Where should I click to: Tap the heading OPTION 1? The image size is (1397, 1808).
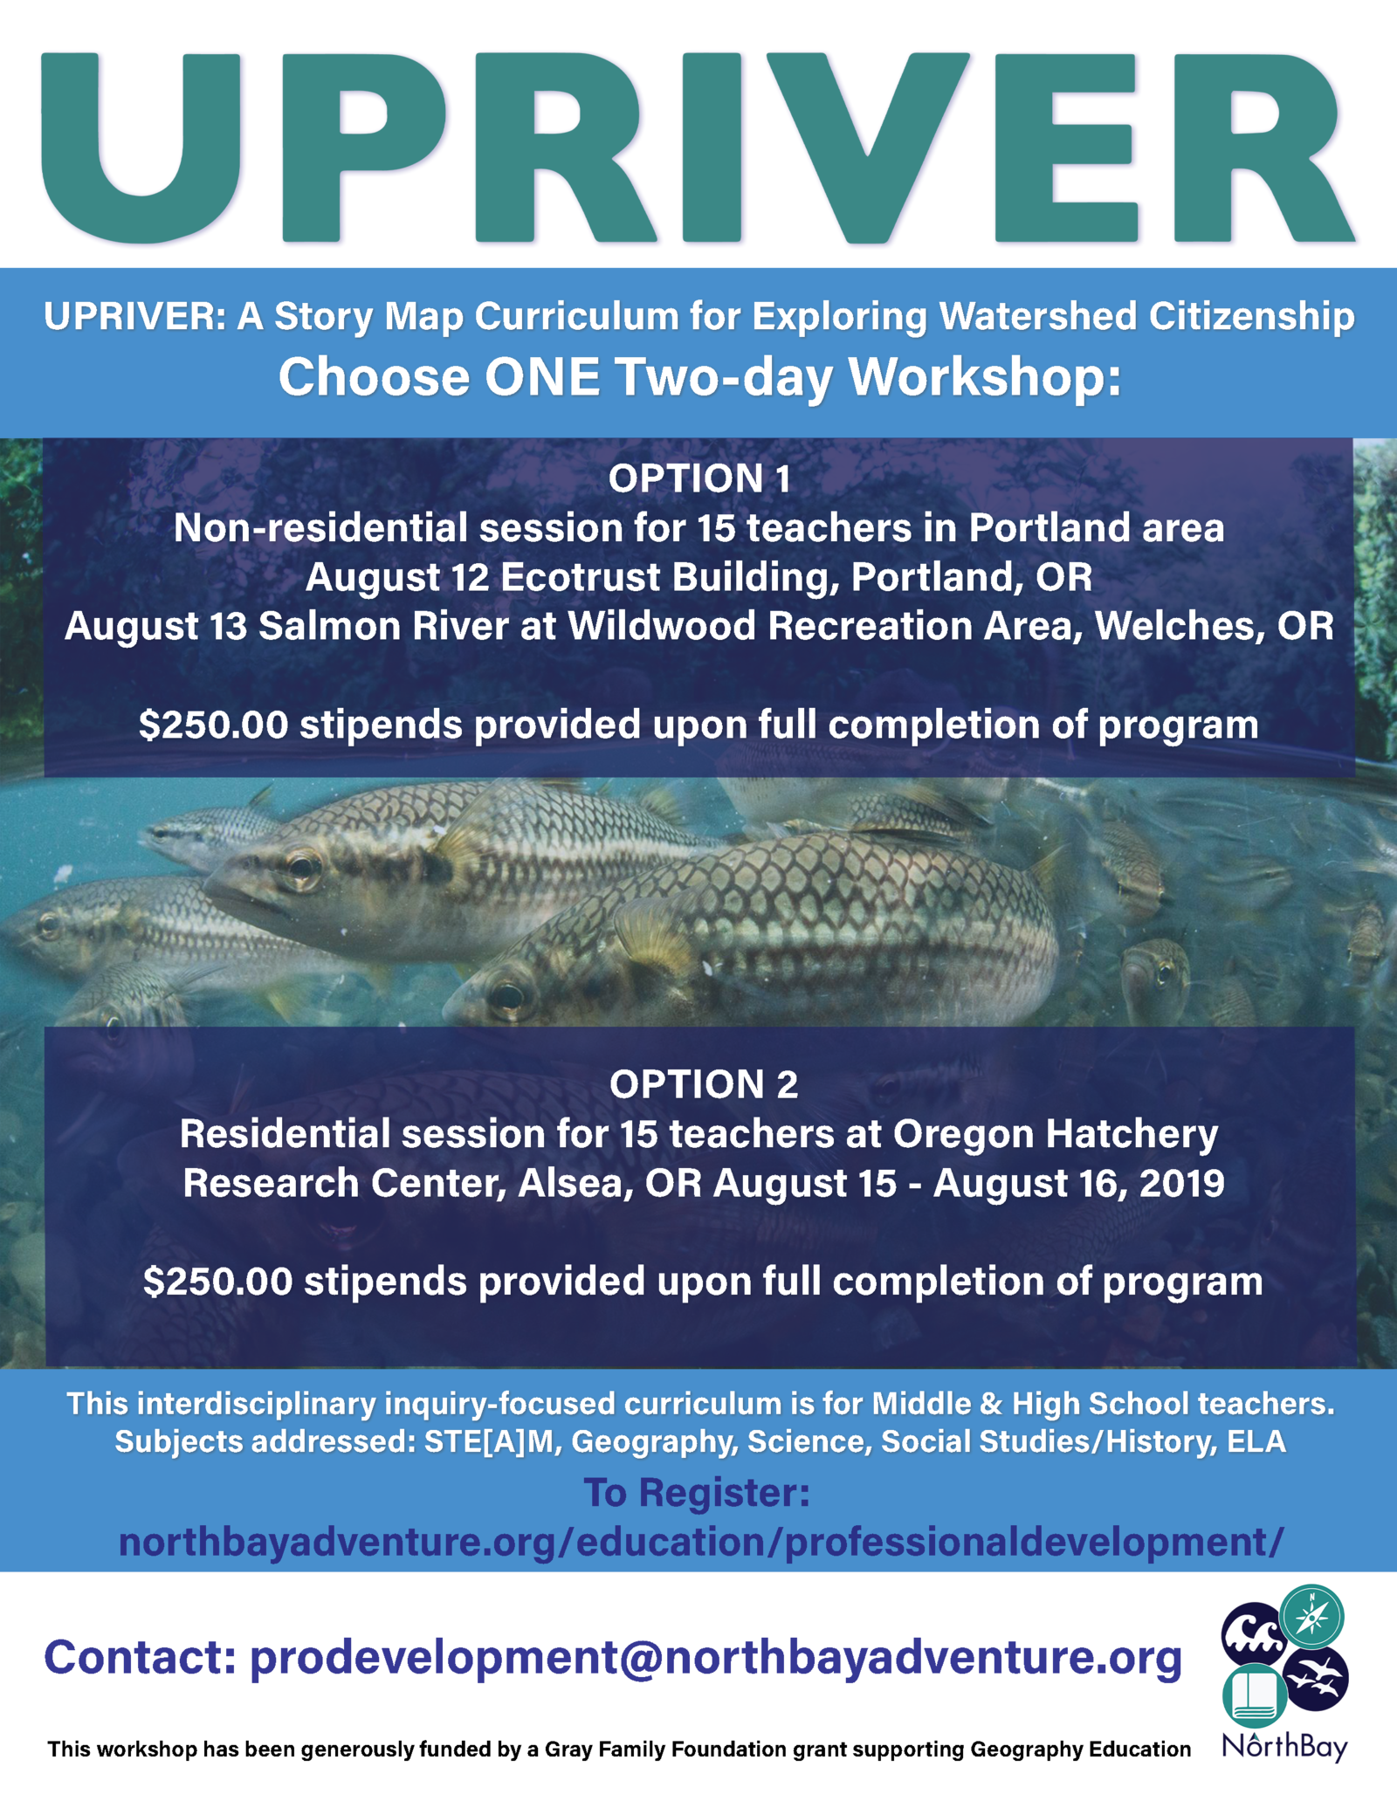point(699,478)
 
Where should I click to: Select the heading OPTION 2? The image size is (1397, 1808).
point(704,1084)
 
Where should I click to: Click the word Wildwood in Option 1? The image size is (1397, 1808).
point(662,626)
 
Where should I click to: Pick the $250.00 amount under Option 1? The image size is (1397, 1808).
point(213,725)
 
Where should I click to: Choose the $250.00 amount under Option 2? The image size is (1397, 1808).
point(218,1282)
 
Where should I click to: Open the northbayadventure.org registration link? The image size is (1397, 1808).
point(701,1542)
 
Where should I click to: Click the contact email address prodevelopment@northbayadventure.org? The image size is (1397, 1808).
point(716,1658)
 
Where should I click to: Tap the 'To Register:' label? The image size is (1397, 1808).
point(697,1492)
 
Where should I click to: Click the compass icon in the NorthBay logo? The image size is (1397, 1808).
point(1311,1617)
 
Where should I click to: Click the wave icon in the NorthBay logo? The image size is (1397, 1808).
point(1254,1634)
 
